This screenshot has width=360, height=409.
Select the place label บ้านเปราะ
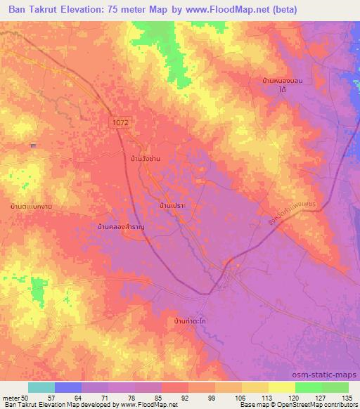tap(172, 205)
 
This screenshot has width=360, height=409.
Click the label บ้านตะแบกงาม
tap(32, 206)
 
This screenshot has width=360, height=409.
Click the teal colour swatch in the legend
tap(41, 387)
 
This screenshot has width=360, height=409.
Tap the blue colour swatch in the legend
tap(68, 387)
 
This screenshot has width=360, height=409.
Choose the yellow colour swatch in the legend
tap(281, 387)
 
